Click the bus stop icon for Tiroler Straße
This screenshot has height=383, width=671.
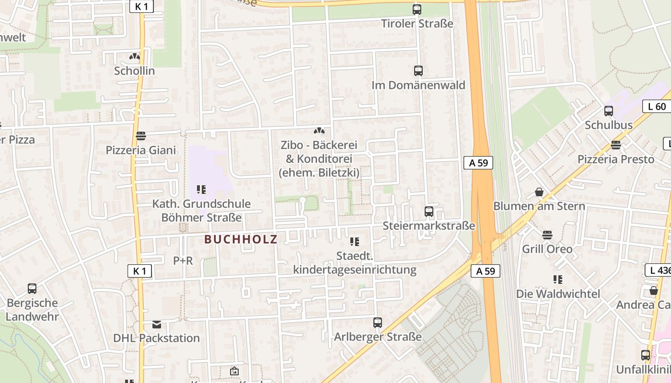[x=416, y=9]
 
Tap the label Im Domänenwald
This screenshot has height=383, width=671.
[x=418, y=85]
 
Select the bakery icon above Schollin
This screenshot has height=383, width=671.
[x=134, y=56]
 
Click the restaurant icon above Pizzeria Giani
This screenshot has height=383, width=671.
[x=140, y=136]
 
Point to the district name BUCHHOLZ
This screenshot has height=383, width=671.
[x=241, y=239]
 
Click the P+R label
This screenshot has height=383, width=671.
[x=183, y=260]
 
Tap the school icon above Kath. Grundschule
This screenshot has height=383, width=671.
[x=201, y=190]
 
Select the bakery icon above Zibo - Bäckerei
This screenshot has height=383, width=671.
[x=319, y=131]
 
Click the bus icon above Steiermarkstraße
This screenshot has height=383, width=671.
[x=429, y=211]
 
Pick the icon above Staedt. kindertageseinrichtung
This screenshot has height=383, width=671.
[x=355, y=242]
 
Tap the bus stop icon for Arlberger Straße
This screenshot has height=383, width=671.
[x=378, y=323]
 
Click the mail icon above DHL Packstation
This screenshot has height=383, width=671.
[x=157, y=324]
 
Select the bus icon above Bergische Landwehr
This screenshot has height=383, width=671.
[x=32, y=289]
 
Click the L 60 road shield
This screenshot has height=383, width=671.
[x=657, y=106]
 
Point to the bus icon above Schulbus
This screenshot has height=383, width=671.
[x=609, y=111]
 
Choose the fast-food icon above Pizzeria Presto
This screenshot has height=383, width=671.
[x=616, y=145]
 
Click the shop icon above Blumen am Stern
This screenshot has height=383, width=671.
[x=539, y=192]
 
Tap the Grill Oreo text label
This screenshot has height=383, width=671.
[x=547, y=249]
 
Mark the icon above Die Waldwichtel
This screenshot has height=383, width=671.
[x=557, y=279]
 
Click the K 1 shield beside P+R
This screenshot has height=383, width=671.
[x=139, y=271]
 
